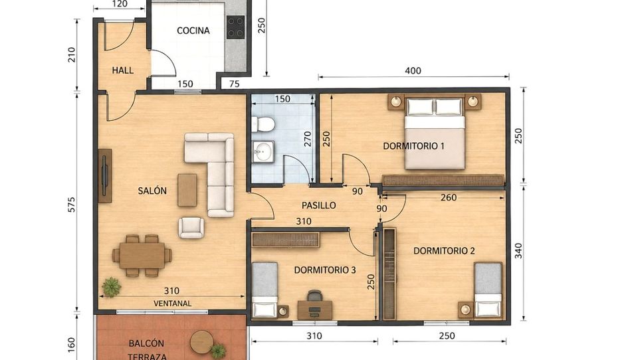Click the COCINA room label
(x=193, y=31)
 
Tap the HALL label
(x=123, y=70)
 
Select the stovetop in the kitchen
(x=235, y=27)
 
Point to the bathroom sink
(x=263, y=151)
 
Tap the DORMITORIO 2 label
(x=444, y=251)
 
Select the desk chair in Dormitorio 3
(x=314, y=296)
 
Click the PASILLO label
(x=318, y=205)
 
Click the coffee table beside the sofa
(x=187, y=190)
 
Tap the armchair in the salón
(x=191, y=228)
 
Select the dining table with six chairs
(x=142, y=256)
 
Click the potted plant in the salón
(x=111, y=288)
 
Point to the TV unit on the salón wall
(x=105, y=176)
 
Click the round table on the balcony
(x=201, y=342)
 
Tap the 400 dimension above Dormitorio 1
(x=413, y=71)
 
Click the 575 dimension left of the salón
(x=72, y=205)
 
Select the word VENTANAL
(x=173, y=304)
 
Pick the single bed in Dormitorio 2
(x=488, y=290)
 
